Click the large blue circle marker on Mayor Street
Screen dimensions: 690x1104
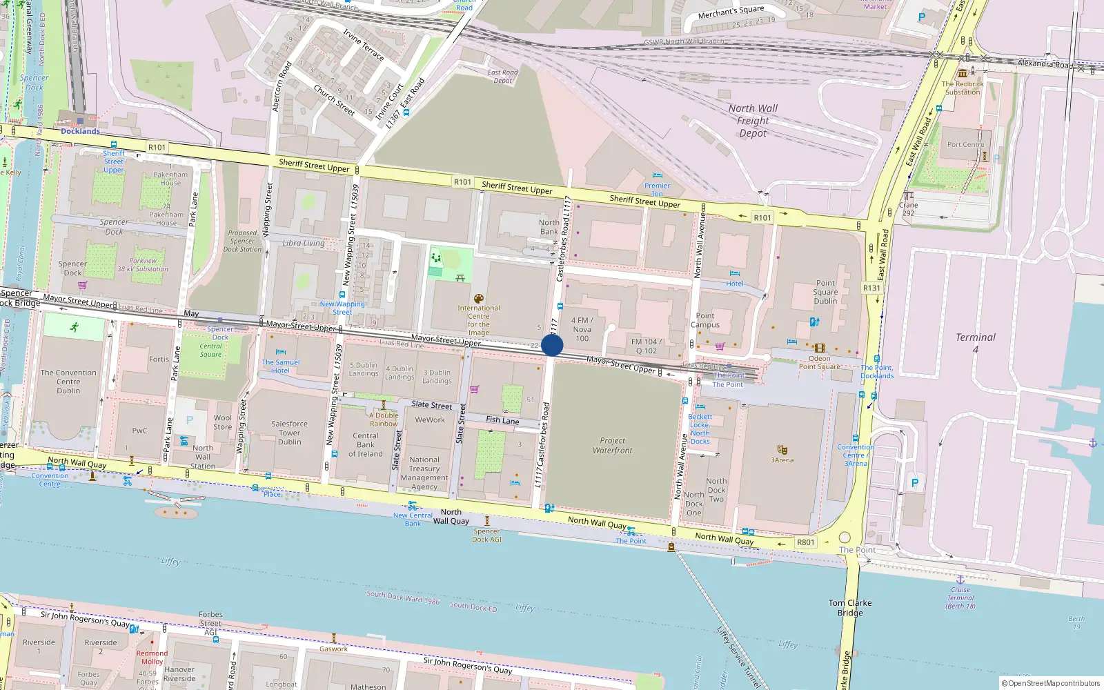(552, 345)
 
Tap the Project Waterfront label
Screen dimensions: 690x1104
(612, 446)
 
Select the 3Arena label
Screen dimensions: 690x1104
(782, 460)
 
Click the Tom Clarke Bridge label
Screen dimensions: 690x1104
(850, 608)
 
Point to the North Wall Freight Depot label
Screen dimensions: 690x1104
(753, 121)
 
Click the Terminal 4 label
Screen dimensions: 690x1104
(975, 343)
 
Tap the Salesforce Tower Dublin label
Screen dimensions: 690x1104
(290, 433)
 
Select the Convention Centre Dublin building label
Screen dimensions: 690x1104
(68, 382)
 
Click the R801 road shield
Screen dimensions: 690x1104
(806, 542)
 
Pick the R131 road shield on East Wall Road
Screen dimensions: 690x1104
(871, 288)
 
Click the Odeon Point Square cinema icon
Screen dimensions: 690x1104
(819, 348)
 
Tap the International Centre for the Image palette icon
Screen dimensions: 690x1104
(478, 299)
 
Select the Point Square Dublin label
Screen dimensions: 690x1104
(825, 292)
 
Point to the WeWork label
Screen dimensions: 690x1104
(430, 420)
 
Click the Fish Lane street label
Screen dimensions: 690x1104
(502, 420)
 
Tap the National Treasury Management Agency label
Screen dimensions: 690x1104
(424, 473)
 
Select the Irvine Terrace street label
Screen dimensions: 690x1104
(363, 45)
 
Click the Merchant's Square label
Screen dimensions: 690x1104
(731, 12)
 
